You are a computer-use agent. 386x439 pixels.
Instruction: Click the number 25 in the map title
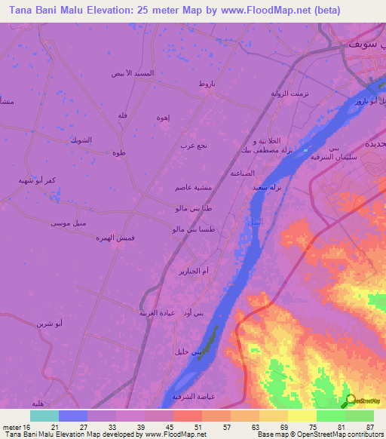tap(152, 11)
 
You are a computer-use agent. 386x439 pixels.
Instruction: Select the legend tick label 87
tap(369, 427)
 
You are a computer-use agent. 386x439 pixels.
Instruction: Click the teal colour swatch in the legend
tap(44, 416)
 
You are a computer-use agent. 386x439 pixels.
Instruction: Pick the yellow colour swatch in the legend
tap(302, 416)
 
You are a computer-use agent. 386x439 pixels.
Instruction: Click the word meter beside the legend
tap(13, 427)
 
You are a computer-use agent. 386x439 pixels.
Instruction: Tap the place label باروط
tap(207, 84)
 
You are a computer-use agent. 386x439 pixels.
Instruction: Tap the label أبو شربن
tap(49, 323)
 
